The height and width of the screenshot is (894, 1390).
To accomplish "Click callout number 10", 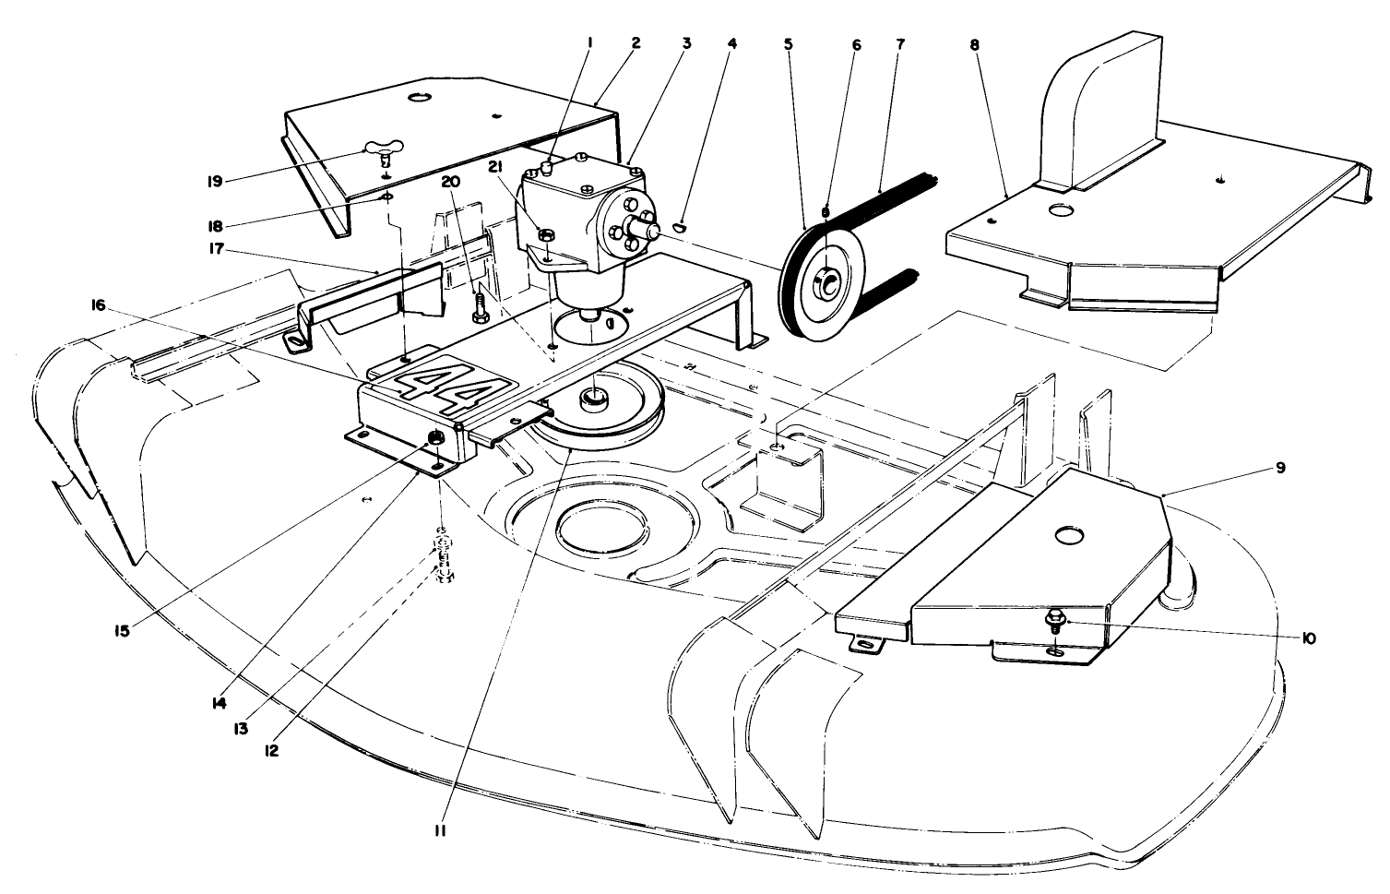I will (1307, 637).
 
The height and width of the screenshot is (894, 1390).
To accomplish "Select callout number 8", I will (974, 43).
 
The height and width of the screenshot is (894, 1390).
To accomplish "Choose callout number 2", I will (636, 43).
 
